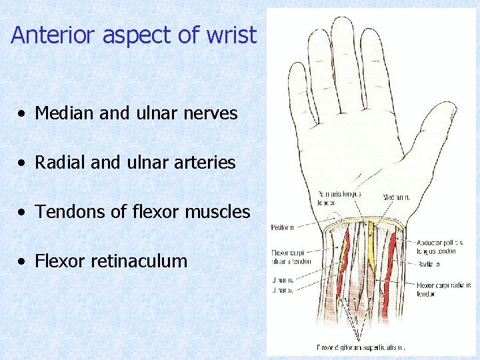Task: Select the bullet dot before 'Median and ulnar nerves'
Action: click(x=23, y=114)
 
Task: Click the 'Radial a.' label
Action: click(x=428, y=263)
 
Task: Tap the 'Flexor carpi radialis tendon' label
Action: click(x=443, y=288)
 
